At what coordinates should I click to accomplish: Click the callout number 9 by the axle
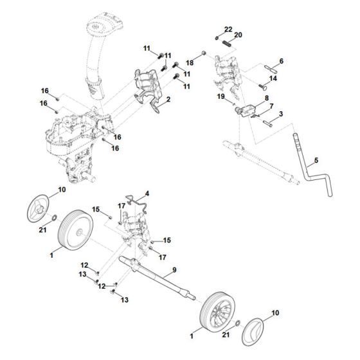click(x=174, y=271)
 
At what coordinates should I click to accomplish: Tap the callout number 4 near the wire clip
click(x=147, y=193)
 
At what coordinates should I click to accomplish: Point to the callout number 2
click(x=168, y=100)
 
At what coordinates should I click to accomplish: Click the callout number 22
click(x=229, y=30)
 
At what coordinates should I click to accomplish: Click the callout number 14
click(x=273, y=78)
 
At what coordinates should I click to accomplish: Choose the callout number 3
click(x=281, y=113)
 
